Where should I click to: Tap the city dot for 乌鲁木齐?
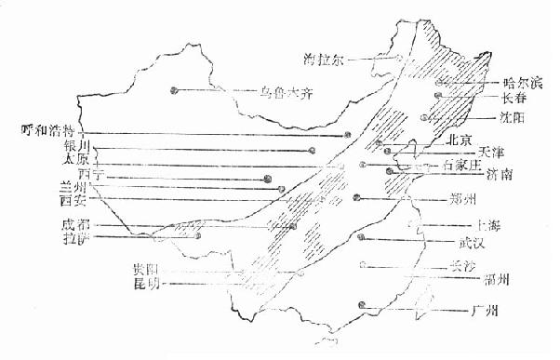[174, 89]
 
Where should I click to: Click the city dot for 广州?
[361, 307]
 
